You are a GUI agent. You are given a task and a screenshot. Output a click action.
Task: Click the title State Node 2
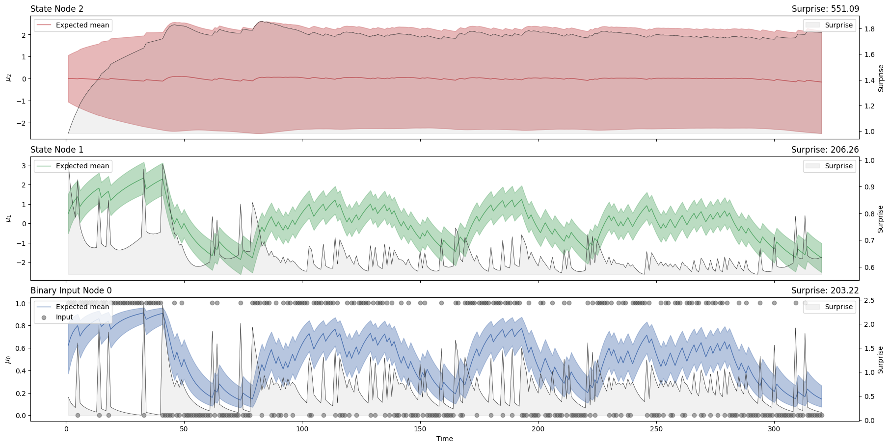56,9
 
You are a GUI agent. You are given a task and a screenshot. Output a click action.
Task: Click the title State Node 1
56,150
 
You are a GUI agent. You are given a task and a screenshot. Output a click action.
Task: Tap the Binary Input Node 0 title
71,290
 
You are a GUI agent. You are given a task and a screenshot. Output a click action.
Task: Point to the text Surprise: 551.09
825,9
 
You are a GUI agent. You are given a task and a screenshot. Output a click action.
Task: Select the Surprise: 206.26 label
825,150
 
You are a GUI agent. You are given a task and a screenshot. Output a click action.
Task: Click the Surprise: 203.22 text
825,290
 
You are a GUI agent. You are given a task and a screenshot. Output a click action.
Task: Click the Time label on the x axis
444,439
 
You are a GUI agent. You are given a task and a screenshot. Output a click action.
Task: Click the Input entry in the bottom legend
64,317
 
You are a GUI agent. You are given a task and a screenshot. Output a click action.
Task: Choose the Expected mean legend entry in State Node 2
82,25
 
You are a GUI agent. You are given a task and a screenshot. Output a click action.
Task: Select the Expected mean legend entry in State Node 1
82,166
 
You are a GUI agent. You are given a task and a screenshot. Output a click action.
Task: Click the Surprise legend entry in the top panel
838,25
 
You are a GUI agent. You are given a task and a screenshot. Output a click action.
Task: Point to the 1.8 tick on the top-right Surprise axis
869,29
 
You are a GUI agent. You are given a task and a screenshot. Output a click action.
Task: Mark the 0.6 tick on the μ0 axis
20,348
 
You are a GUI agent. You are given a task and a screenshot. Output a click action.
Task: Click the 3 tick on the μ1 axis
24,166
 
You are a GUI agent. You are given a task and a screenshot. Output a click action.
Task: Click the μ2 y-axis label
8,77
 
